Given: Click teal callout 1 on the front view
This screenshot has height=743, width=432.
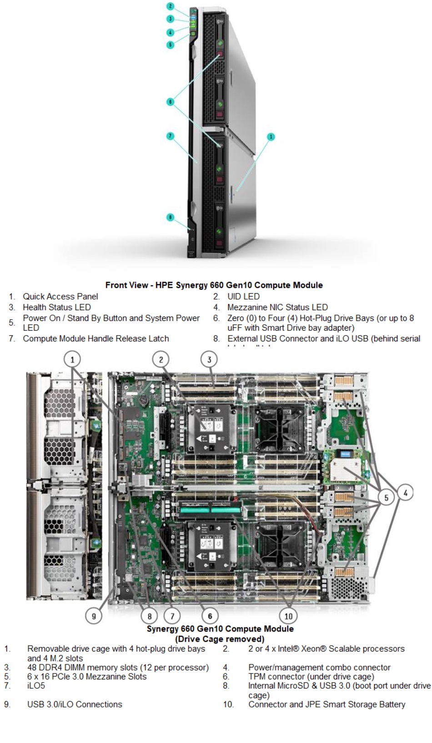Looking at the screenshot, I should [271, 136].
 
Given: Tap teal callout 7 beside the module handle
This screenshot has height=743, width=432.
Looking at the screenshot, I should [170, 136].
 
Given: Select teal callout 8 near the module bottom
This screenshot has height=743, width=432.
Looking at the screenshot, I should [170, 217].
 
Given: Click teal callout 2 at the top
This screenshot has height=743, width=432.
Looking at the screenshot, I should [170, 6].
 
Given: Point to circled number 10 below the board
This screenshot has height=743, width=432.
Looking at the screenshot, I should [288, 616].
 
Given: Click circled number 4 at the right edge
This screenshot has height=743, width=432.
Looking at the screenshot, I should [405, 492].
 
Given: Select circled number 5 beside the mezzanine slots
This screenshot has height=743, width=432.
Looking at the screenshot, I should [387, 497].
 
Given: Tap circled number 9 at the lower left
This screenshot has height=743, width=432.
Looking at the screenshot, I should [94, 616].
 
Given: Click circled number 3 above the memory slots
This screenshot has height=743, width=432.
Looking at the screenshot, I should [209, 359].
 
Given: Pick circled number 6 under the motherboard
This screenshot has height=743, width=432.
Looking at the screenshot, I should [210, 616].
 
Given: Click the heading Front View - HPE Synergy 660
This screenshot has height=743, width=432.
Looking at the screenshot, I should [214, 285].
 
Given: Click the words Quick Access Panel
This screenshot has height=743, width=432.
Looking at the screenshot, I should [60, 296].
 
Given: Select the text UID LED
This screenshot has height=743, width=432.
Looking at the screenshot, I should [243, 296].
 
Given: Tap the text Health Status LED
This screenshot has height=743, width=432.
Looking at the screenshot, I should [57, 307].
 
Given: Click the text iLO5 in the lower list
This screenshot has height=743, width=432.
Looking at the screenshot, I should [36, 686].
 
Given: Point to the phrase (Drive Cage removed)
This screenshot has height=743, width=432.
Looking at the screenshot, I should [220, 638].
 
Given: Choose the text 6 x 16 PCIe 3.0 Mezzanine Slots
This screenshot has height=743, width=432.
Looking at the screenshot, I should [87, 677].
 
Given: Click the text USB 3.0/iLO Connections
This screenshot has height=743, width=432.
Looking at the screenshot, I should [75, 704].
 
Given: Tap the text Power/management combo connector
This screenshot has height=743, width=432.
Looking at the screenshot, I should [319, 668].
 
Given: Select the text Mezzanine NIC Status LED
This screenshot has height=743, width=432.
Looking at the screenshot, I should [277, 307].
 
